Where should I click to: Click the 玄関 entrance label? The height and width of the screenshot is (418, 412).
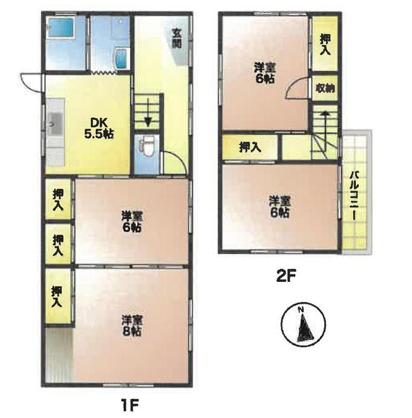click(x=176, y=38)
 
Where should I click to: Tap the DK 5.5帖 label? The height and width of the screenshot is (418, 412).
click(x=99, y=128)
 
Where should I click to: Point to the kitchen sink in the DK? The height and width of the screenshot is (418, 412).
click(x=56, y=123)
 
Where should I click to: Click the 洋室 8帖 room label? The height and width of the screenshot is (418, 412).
click(x=131, y=326)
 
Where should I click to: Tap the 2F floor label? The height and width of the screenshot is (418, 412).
click(x=286, y=275)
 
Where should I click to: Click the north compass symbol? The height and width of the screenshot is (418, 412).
click(x=303, y=324)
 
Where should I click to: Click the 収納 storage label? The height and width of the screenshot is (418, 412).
click(x=325, y=88)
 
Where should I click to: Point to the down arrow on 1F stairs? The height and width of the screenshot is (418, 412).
click(x=148, y=113)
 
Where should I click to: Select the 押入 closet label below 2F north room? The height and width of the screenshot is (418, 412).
click(x=250, y=147)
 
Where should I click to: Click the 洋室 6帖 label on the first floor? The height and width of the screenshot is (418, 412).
click(x=132, y=222)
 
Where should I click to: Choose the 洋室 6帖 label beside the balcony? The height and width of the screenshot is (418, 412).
click(x=280, y=206)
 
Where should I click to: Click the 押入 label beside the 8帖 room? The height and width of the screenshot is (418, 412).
click(x=57, y=296)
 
